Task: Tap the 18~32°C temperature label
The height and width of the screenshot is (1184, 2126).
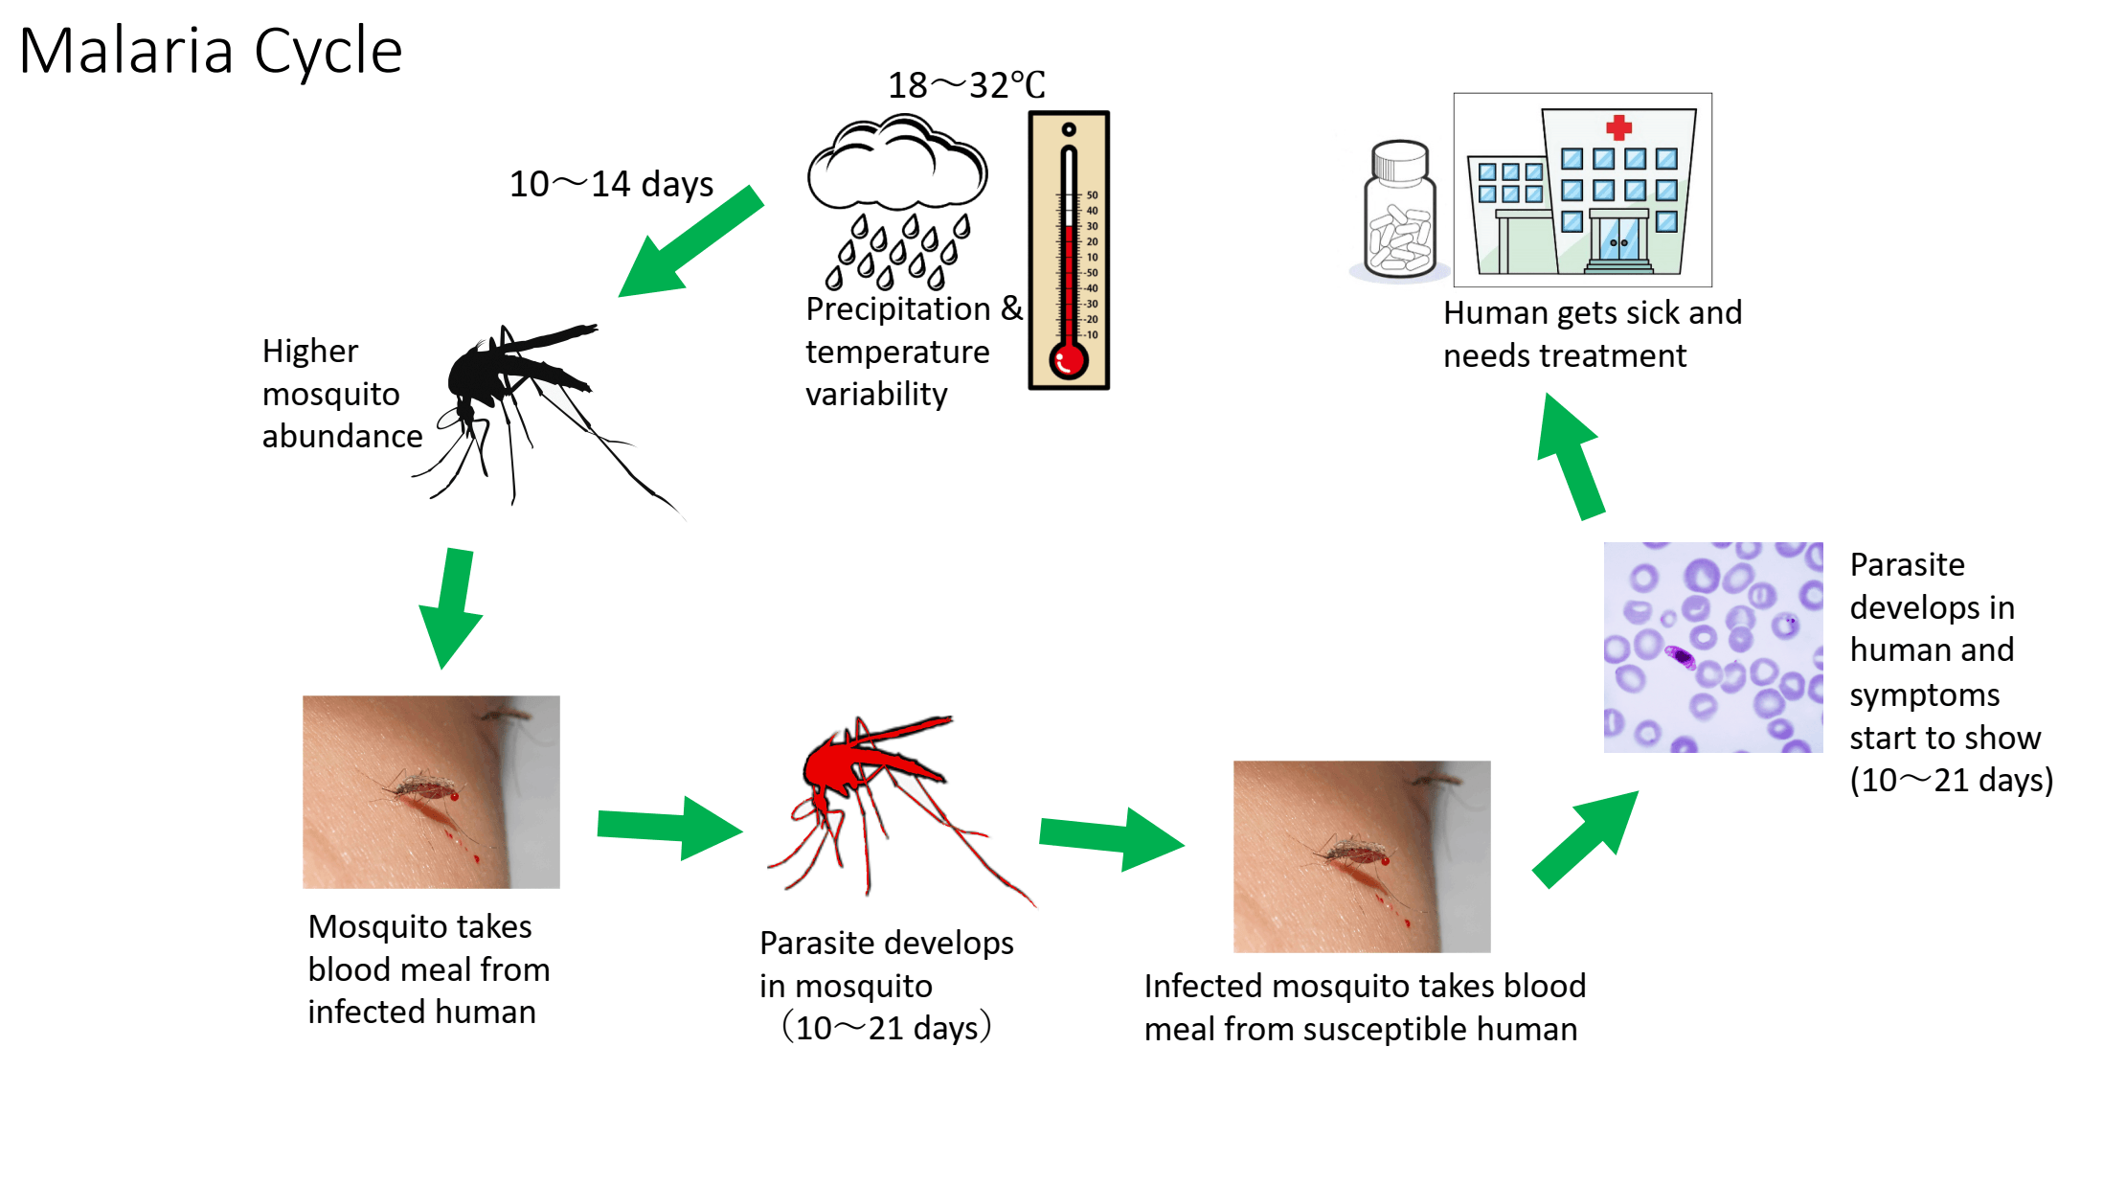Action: pyautogui.click(x=965, y=85)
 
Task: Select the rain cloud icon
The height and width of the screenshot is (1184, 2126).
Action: pyautogui.click(x=896, y=168)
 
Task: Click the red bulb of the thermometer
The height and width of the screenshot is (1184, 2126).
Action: pyautogui.click(x=1068, y=361)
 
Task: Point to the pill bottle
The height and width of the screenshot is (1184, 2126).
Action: pyautogui.click(x=1400, y=213)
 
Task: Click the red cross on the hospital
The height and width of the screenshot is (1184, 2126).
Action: pyautogui.click(x=1618, y=127)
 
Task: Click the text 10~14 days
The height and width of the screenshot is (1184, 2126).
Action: pyautogui.click(x=611, y=184)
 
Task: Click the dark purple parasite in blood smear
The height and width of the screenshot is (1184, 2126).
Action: pyautogui.click(x=1680, y=656)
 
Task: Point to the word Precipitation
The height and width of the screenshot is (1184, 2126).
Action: pyautogui.click(x=897, y=309)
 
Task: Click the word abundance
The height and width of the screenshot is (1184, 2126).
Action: pyautogui.click(x=342, y=437)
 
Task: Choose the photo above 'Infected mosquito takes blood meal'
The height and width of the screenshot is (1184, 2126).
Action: pyautogui.click(x=1361, y=855)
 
